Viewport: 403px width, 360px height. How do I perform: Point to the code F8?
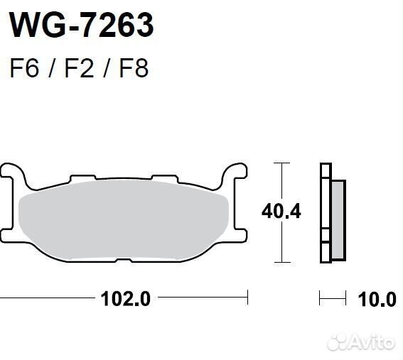[132, 69]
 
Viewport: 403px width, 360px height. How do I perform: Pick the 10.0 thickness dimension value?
[377, 298]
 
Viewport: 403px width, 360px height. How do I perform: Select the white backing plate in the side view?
[326, 213]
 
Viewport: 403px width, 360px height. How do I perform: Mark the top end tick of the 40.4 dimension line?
[283, 163]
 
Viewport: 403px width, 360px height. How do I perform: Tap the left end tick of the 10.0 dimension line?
[320, 298]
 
